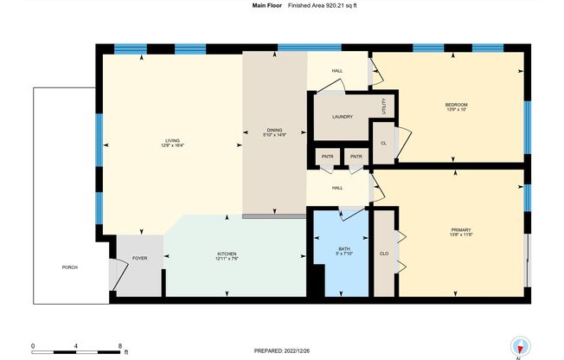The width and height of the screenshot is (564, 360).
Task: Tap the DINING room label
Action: pos(274,130)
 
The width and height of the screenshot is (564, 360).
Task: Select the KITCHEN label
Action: pos(227,254)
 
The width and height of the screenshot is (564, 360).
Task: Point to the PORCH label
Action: pos(69,267)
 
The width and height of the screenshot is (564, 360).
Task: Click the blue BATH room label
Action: pos(343,249)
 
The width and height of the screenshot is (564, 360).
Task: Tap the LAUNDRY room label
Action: pos(343,116)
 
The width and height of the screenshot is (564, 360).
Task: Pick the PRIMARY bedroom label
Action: pos(460,229)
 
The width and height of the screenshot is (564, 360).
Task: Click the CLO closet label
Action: pos(383,254)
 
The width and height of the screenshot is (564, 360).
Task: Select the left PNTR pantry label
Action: pos(327,157)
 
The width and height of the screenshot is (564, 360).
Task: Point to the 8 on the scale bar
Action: pos(119,345)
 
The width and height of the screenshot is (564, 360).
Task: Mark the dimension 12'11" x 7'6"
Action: pos(227,259)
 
